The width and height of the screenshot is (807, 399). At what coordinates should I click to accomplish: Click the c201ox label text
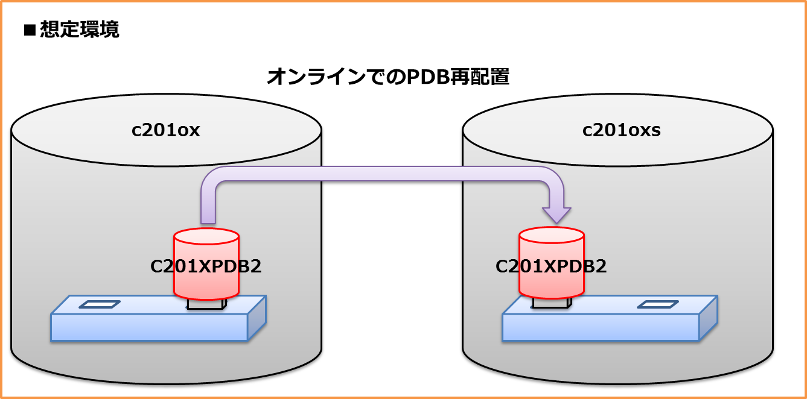click(165, 131)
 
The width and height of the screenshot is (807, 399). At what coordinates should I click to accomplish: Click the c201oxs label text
click(621, 131)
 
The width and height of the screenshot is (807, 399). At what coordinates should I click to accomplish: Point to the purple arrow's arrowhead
click(556, 215)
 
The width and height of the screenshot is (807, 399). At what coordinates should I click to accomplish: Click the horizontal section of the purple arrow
click(380, 174)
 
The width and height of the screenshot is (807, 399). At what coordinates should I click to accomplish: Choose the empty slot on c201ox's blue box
click(100, 304)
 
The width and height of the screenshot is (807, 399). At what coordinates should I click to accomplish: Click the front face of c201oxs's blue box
click(601, 327)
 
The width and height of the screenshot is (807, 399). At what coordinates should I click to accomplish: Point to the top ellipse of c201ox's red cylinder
click(206, 236)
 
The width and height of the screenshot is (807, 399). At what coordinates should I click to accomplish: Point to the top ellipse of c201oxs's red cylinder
click(552, 235)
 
